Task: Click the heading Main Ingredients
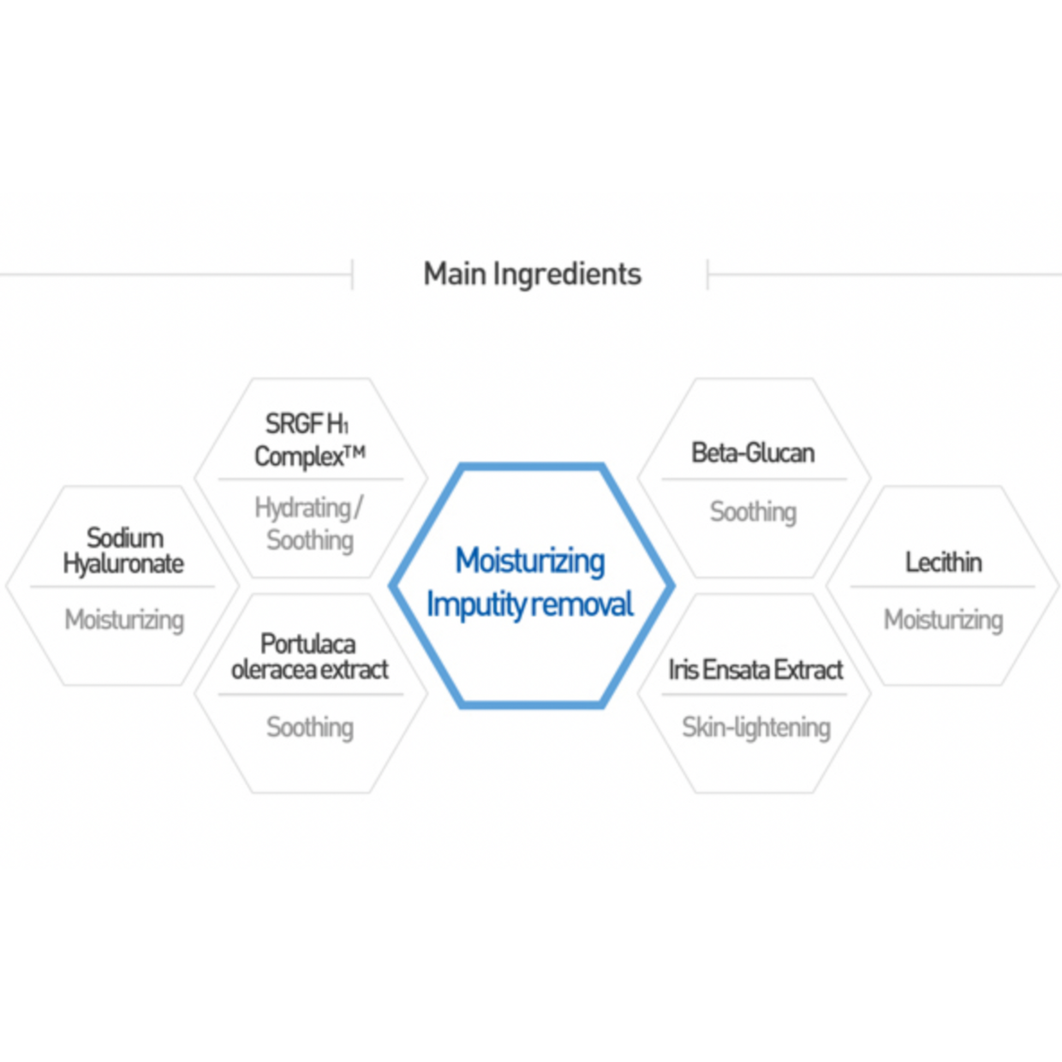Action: [532, 274]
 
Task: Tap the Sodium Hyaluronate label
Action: [124, 551]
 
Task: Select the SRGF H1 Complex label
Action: [309, 440]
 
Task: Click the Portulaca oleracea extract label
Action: [309, 657]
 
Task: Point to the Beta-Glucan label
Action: [753, 453]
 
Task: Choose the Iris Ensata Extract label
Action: [755, 670]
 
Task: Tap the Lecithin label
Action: [943, 562]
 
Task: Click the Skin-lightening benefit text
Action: [756, 728]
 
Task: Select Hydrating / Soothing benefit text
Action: [309, 523]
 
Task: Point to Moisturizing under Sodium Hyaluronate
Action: [124, 620]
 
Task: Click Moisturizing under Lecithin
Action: [943, 620]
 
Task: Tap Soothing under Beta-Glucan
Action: [753, 512]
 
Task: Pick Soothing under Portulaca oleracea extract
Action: [310, 728]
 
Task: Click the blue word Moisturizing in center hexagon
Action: [530, 560]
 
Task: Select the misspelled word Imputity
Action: [476, 605]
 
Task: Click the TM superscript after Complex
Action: [355, 452]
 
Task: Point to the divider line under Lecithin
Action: [942, 587]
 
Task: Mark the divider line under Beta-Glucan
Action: [753, 479]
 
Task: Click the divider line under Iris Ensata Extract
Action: [753, 694]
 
